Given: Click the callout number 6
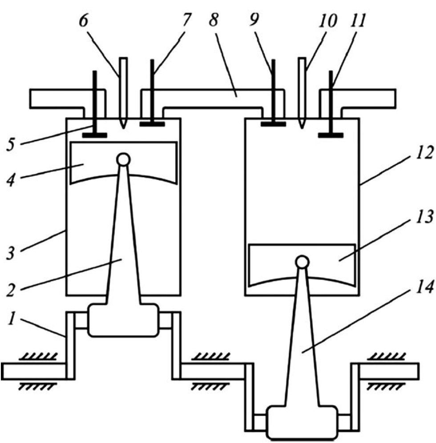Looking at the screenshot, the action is [83, 21].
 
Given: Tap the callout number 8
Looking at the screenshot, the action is [214, 20].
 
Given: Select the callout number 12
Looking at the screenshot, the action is [424, 153].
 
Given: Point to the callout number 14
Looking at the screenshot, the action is [424, 287].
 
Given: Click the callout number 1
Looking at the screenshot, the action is [12, 319].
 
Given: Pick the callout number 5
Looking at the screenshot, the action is [11, 145].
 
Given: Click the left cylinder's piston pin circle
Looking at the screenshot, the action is [123, 160].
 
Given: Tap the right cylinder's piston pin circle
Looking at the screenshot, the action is [302, 262].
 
